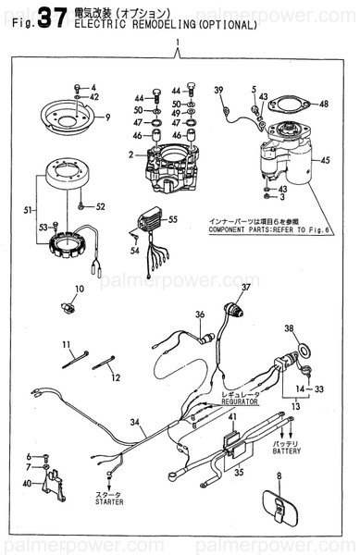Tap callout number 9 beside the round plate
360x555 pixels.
point(107,117)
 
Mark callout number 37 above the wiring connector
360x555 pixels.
point(246,289)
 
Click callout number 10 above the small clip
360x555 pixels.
point(79,290)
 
